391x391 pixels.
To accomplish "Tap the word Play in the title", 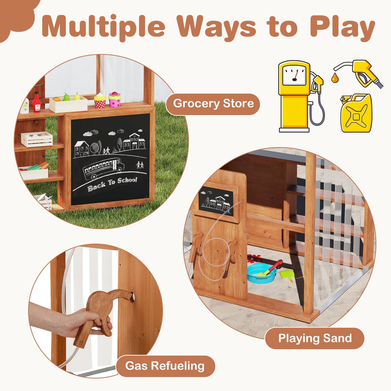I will (x=342, y=27).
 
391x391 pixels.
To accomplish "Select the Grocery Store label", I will (x=213, y=104).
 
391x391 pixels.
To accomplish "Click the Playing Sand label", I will (x=315, y=339).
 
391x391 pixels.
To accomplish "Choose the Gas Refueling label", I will (x=165, y=366).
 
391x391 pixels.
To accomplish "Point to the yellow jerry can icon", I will (x=356, y=114).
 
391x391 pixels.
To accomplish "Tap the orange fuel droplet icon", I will (x=335, y=78).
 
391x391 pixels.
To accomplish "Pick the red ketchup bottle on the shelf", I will (x=36, y=102).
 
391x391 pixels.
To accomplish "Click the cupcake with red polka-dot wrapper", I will (x=100, y=101).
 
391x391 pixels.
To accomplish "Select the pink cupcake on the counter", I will (x=115, y=99).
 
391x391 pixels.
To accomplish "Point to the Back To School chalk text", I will (x=112, y=184).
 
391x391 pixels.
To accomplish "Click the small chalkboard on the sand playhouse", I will (x=216, y=201).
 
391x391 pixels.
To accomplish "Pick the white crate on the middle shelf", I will (x=37, y=139).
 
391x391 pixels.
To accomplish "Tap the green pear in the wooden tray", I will (x=66, y=97).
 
